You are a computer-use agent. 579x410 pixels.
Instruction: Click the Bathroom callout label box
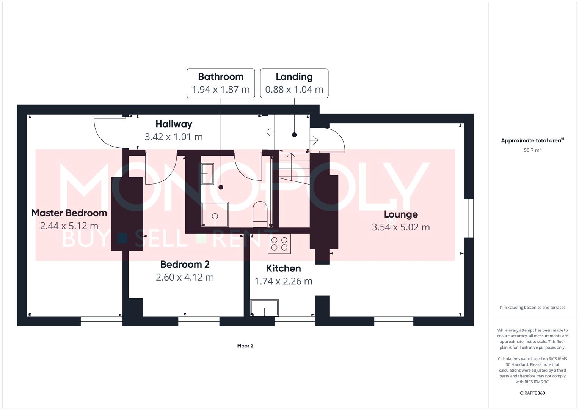(x=221, y=83)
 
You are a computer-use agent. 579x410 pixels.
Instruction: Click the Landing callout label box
(x=294, y=83)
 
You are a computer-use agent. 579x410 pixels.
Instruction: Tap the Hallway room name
(x=174, y=124)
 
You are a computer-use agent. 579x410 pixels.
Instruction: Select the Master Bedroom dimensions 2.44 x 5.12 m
(x=69, y=226)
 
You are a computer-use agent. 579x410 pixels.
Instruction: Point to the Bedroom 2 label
(x=185, y=265)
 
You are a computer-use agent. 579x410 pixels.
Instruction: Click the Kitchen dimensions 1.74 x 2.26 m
(x=283, y=281)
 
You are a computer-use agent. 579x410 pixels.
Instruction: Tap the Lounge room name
(x=401, y=214)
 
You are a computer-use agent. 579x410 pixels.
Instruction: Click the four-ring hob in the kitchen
(x=279, y=244)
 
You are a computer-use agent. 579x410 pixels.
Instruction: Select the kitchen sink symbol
(x=265, y=308)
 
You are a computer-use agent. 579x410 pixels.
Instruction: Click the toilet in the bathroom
(x=260, y=212)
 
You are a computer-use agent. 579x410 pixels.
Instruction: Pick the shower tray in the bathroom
(x=215, y=214)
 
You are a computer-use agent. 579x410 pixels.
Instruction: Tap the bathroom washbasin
(x=207, y=174)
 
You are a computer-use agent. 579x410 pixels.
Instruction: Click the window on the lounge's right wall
(x=469, y=218)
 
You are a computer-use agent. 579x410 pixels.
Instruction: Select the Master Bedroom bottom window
(x=101, y=321)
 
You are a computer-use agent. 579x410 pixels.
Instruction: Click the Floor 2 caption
(x=245, y=346)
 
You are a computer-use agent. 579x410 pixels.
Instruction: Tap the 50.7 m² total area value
(x=532, y=150)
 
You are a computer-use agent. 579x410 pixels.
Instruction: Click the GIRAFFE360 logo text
(x=532, y=393)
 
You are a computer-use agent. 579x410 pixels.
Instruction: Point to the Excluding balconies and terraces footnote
(x=532, y=307)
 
